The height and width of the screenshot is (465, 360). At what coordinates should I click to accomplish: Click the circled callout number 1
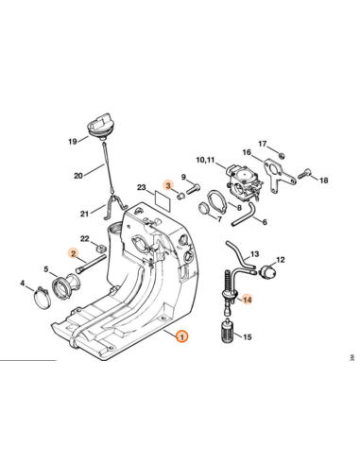tap(182, 336)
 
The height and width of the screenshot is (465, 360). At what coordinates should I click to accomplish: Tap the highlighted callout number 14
tap(248, 300)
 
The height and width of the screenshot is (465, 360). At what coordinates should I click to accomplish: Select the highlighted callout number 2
tap(74, 253)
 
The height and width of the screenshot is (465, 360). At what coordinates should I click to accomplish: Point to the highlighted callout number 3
tap(168, 185)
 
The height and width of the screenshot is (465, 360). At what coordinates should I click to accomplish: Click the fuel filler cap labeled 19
tap(98, 127)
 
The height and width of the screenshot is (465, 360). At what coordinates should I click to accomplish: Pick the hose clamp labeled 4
tap(43, 298)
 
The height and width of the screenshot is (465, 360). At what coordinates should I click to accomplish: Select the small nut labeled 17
tap(283, 155)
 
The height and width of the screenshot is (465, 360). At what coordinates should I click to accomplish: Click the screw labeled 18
tap(303, 174)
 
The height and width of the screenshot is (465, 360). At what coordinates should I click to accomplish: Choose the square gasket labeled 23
tap(163, 197)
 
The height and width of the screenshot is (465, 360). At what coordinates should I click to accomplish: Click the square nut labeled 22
tap(101, 249)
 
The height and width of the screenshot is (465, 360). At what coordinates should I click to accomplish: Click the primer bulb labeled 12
tap(268, 271)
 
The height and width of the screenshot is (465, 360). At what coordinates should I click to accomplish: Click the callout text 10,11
tap(205, 160)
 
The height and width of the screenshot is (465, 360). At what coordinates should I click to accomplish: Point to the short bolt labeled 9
tap(193, 189)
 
